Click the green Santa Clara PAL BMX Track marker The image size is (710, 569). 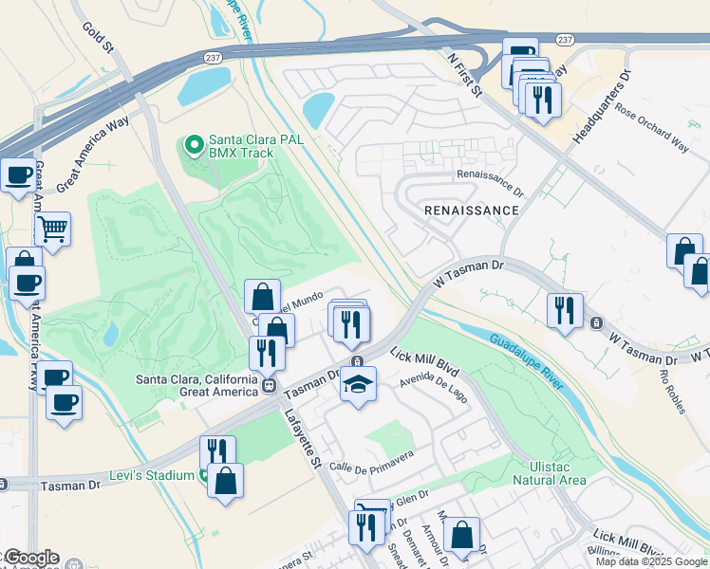point(195,145)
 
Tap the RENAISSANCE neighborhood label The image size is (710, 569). point(472,210)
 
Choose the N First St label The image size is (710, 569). point(465,72)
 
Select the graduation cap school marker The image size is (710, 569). point(358,385)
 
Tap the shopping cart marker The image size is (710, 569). point(52,228)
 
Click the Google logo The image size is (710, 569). point(30,558)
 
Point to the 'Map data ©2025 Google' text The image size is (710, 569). point(650,561)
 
